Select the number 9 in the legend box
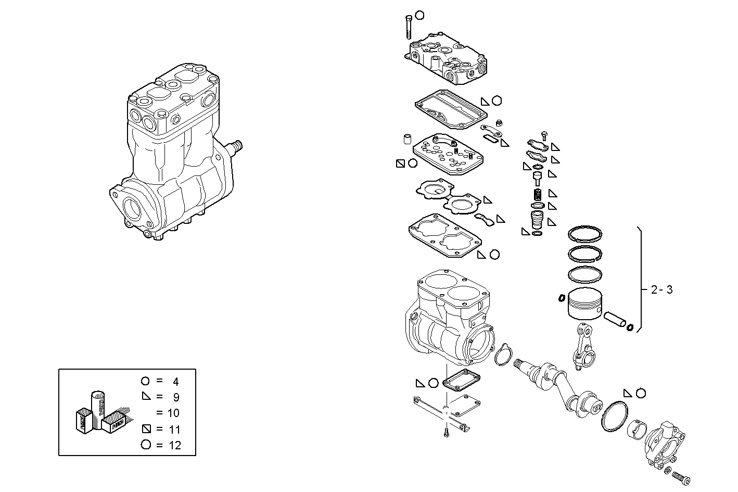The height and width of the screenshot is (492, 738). (x=176, y=397)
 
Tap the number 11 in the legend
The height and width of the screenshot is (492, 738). (x=174, y=430)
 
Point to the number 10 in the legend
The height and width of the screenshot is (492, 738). (x=173, y=413)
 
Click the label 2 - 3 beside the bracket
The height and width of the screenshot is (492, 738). (x=661, y=290)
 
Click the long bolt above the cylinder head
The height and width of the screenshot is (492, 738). (x=408, y=26)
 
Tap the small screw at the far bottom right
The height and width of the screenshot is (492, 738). (x=682, y=476)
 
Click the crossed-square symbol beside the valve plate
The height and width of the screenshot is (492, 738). (x=400, y=163)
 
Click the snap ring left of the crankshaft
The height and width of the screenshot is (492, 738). (x=502, y=355)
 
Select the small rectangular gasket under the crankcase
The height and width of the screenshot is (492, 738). (x=461, y=381)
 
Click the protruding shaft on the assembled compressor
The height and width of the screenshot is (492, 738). (x=236, y=147)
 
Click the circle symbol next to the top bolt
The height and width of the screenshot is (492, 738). (x=420, y=16)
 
